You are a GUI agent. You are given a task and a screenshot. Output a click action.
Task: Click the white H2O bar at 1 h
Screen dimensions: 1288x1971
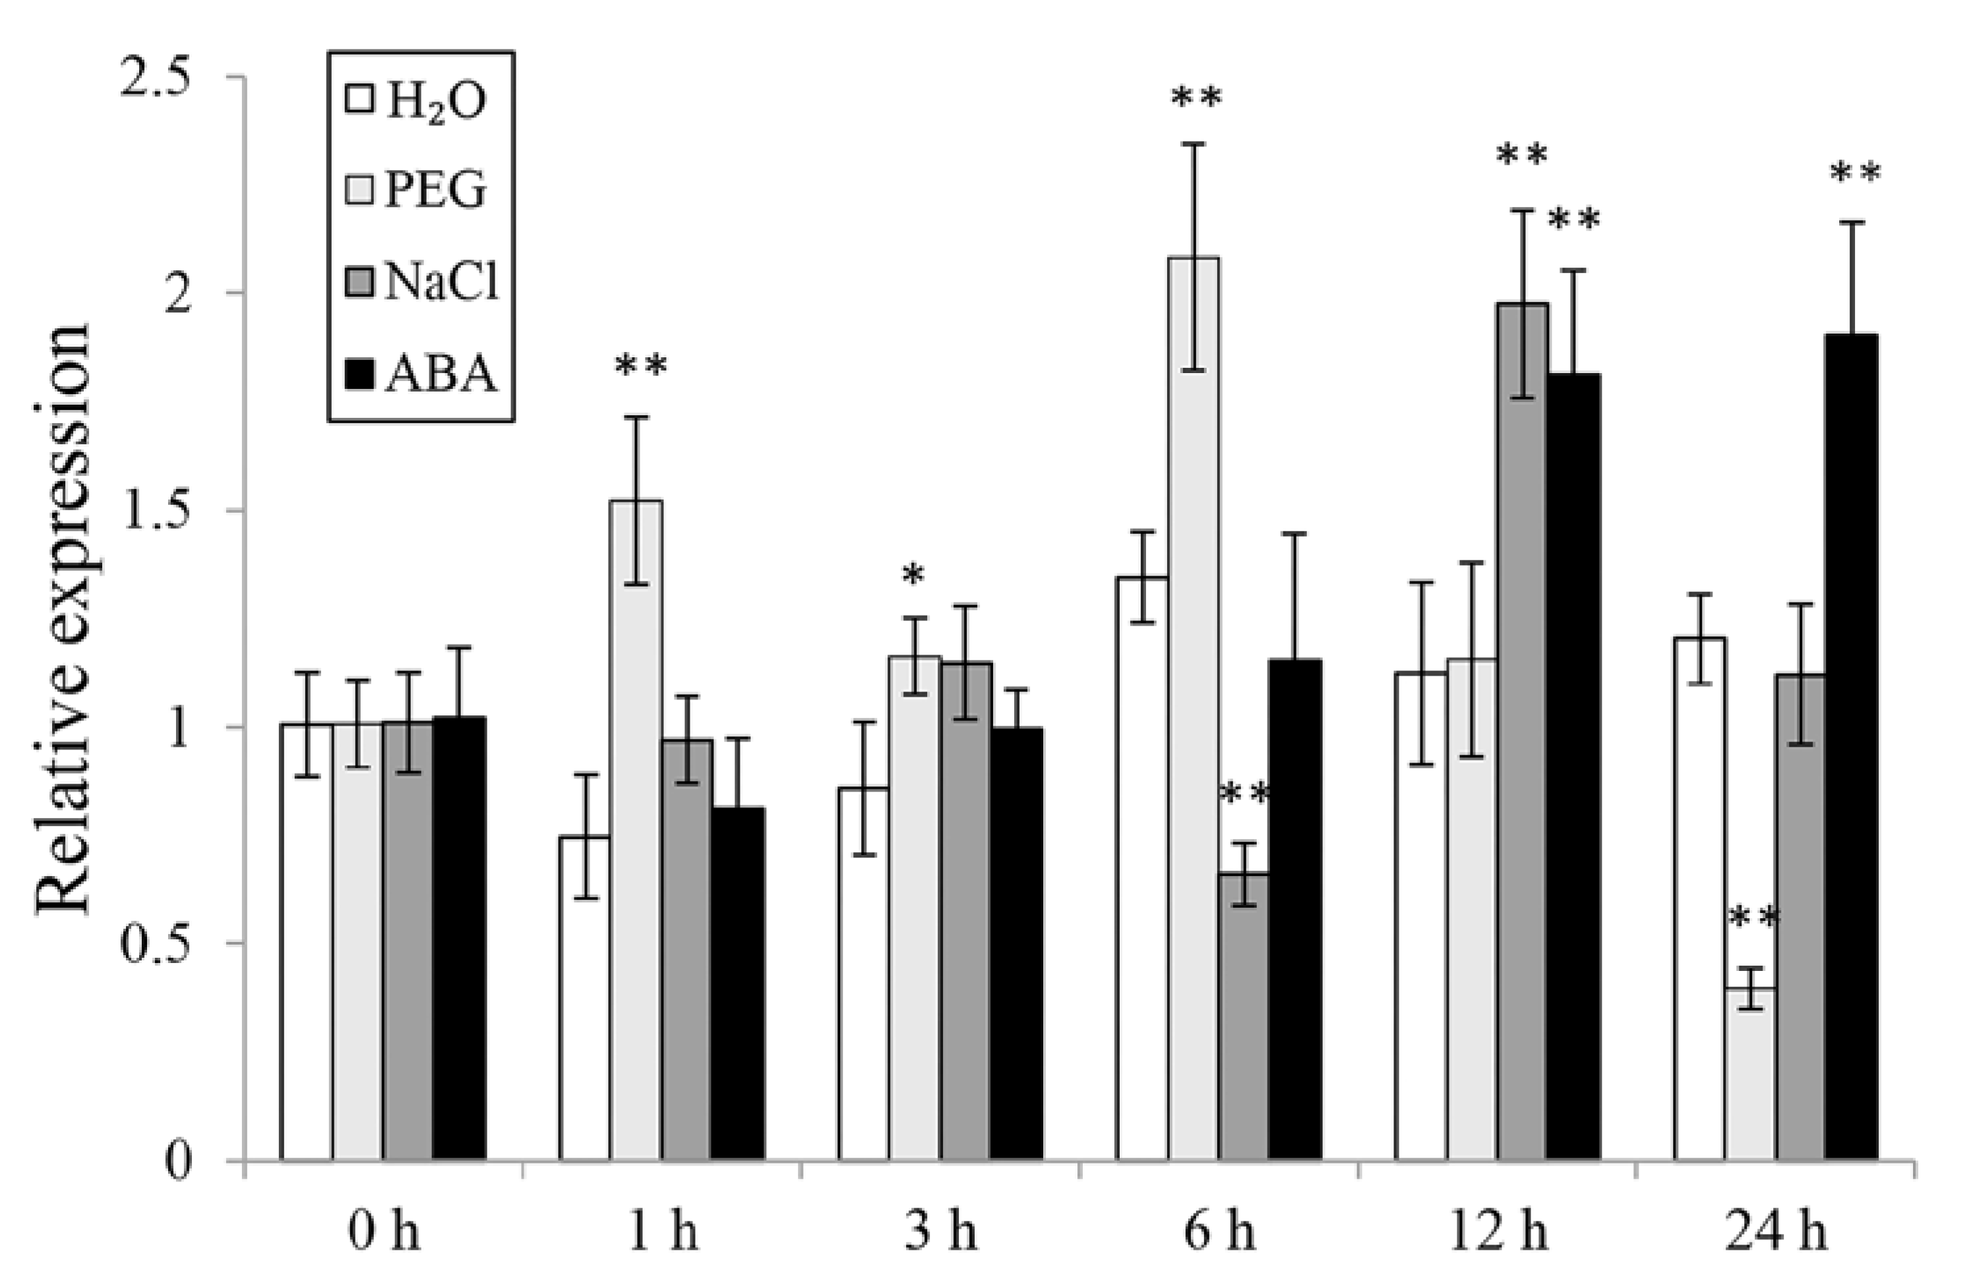[x=585, y=998]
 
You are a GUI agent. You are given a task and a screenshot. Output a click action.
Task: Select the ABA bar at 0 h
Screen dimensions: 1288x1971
[x=459, y=939]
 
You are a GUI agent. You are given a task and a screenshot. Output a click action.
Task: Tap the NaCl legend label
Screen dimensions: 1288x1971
[x=441, y=283]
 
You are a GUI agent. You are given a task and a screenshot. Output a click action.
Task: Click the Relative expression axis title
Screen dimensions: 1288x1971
[x=65, y=619]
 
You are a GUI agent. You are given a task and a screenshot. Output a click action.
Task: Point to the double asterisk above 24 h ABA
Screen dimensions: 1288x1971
[x=1855, y=175]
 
